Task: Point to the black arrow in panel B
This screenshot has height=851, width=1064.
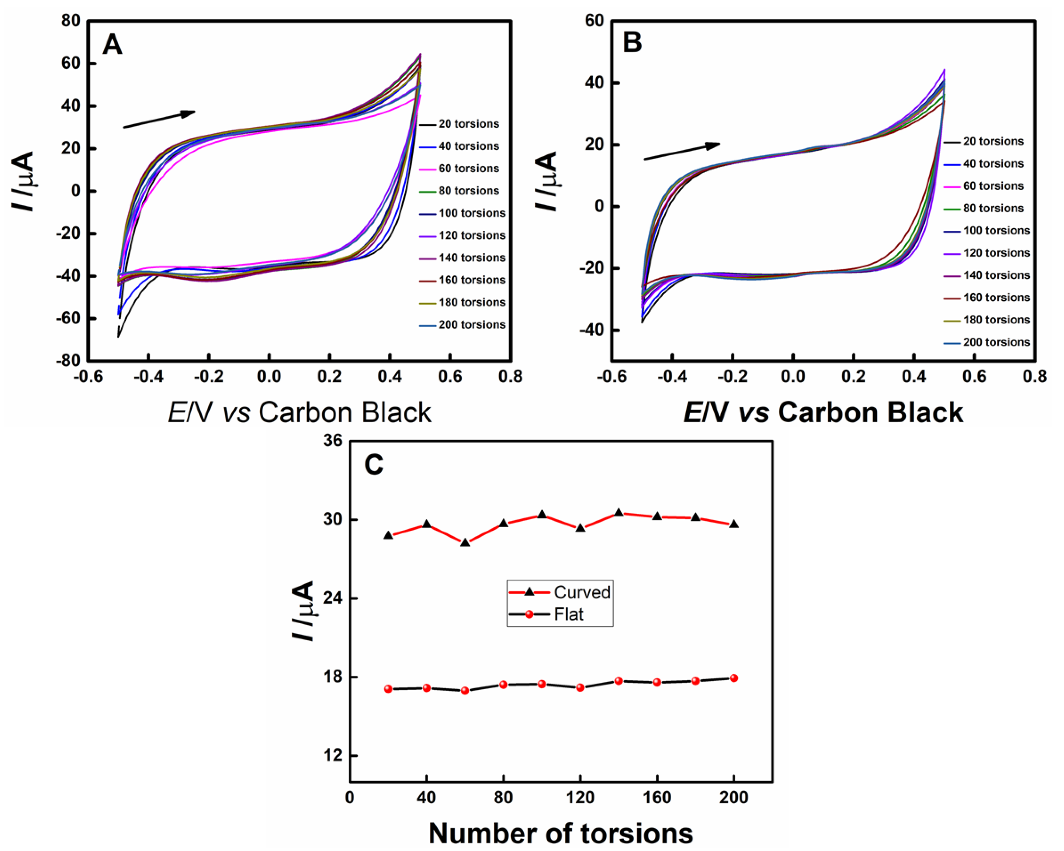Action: click(682, 151)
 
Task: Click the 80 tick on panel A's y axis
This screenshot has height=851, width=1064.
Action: click(71, 21)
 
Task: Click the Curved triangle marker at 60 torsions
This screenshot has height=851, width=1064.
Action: click(465, 542)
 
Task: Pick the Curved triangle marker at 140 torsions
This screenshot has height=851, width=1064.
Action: click(619, 512)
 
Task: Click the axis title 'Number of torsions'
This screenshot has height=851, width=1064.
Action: click(561, 833)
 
